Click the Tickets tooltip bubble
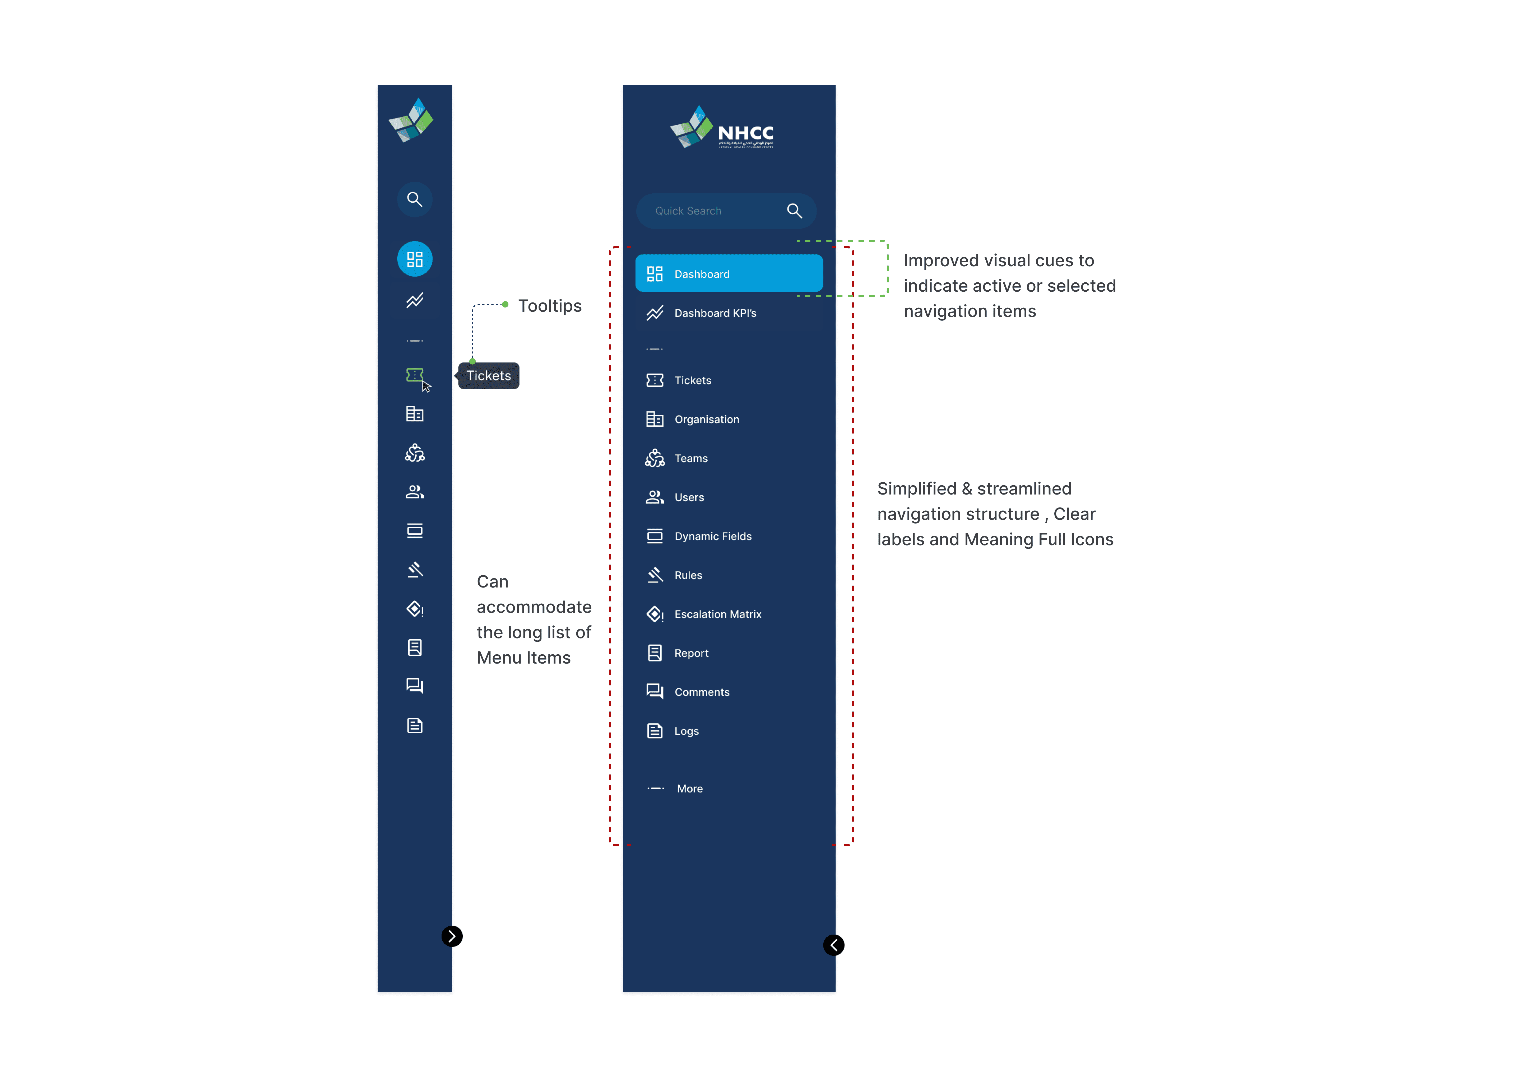point(489,376)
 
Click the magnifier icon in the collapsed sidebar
point(415,199)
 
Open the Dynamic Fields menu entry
point(712,536)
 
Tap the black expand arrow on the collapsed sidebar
point(452,936)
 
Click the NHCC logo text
point(745,133)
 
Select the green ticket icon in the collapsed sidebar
point(415,375)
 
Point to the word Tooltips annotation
point(550,306)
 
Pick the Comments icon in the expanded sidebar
point(655,692)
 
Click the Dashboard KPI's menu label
point(715,313)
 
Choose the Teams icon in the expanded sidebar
point(655,458)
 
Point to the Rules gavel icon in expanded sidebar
point(655,575)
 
